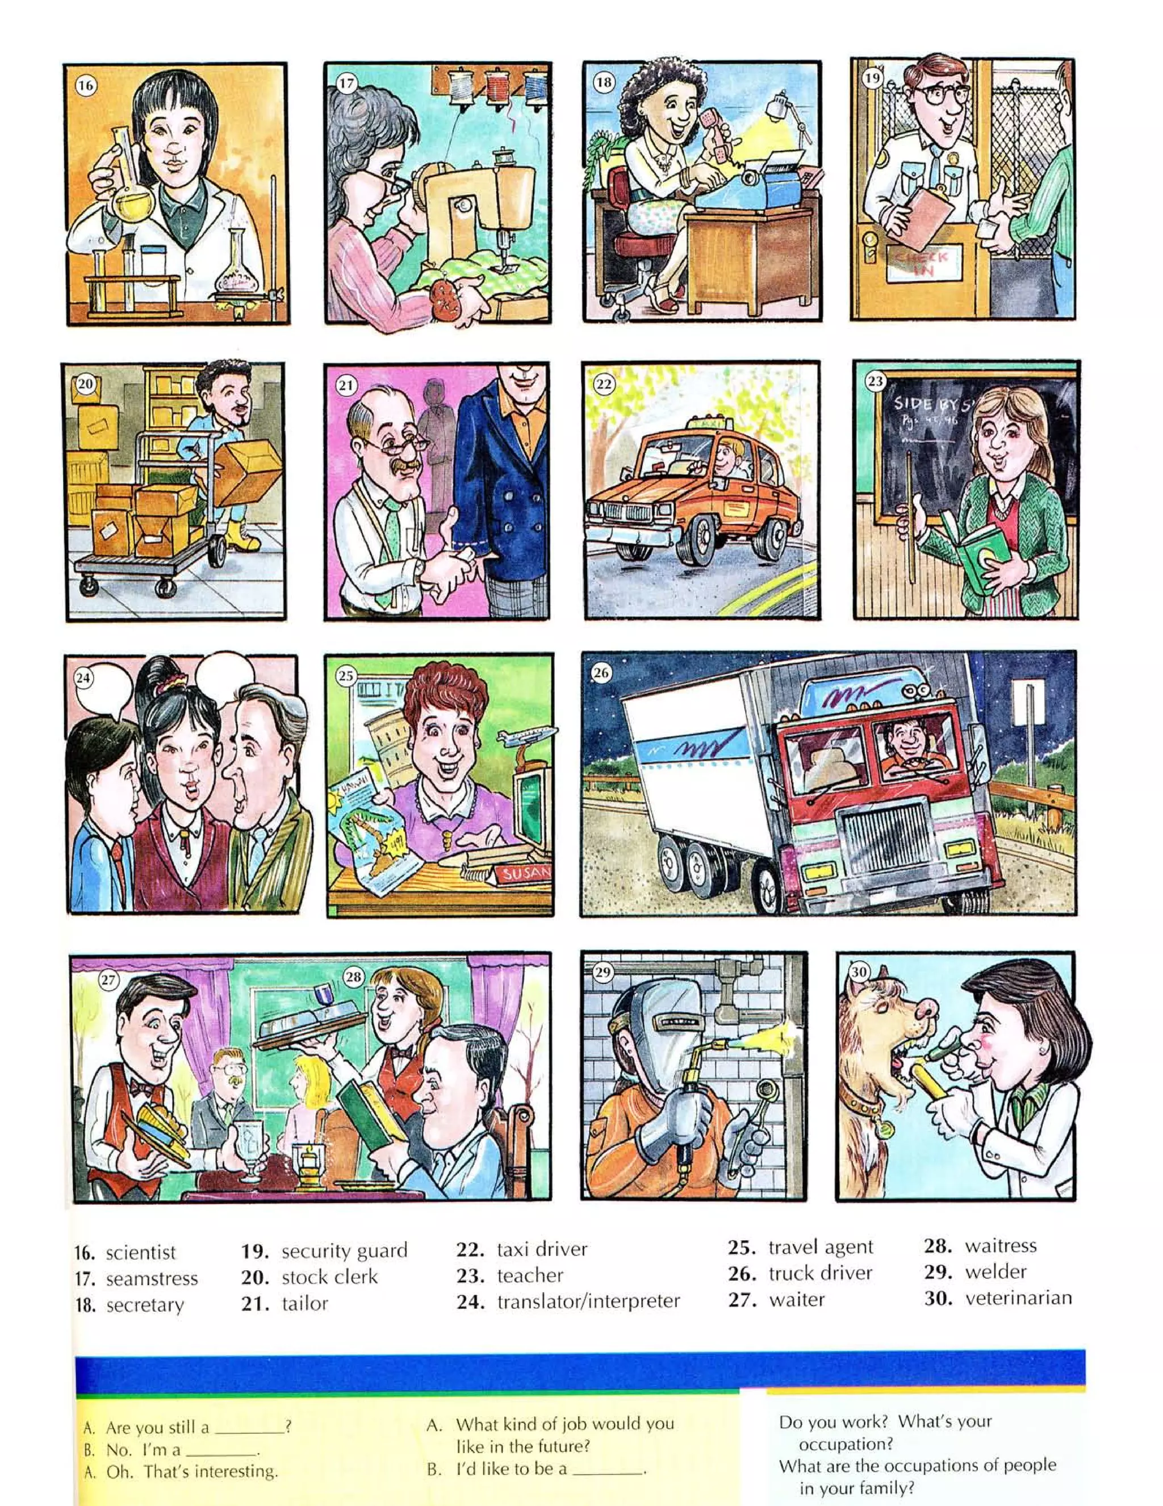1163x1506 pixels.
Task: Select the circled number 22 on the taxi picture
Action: click(604, 384)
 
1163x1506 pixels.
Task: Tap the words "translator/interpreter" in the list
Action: click(588, 1301)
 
